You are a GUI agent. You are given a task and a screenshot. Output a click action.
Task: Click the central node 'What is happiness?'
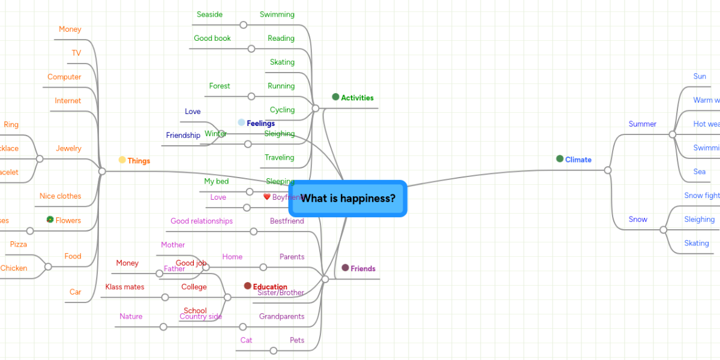tap(348, 199)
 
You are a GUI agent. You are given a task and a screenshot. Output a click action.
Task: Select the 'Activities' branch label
tap(357, 98)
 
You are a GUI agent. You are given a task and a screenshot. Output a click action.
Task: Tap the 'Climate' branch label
tap(578, 160)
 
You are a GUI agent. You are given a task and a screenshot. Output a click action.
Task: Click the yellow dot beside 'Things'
tap(122, 160)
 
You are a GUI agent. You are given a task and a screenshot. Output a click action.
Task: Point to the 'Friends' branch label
tap(362, 268)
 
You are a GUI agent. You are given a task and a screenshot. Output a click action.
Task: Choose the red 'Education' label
tap(269, 287)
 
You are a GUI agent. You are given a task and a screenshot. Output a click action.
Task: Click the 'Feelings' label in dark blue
tap(260, 124)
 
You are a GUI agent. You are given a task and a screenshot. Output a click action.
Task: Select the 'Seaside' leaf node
tap(209, 14)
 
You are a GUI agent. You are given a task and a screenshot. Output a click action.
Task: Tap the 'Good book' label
tap(212, 38)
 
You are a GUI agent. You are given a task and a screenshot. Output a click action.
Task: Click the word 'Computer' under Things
tap(64, 77)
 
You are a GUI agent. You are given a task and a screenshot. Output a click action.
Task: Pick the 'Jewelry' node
tap(68, 148)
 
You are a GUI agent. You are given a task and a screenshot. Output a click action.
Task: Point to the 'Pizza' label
tap(18, 244)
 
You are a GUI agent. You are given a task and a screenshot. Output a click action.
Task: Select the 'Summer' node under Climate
tap(642, 124)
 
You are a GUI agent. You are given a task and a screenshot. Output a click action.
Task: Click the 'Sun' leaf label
tap(700, 76)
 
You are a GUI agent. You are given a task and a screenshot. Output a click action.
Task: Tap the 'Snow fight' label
tap(701, 196)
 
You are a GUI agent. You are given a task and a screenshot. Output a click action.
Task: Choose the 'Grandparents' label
tap(281, 316)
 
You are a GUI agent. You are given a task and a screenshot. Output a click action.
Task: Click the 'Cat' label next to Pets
tap(246, 340)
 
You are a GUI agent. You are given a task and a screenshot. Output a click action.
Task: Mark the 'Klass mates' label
tap(125, 287)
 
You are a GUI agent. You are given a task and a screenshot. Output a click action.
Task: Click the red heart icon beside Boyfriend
tap(267, 197)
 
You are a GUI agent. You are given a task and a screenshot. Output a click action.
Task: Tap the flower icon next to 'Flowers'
tap(50, 220)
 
